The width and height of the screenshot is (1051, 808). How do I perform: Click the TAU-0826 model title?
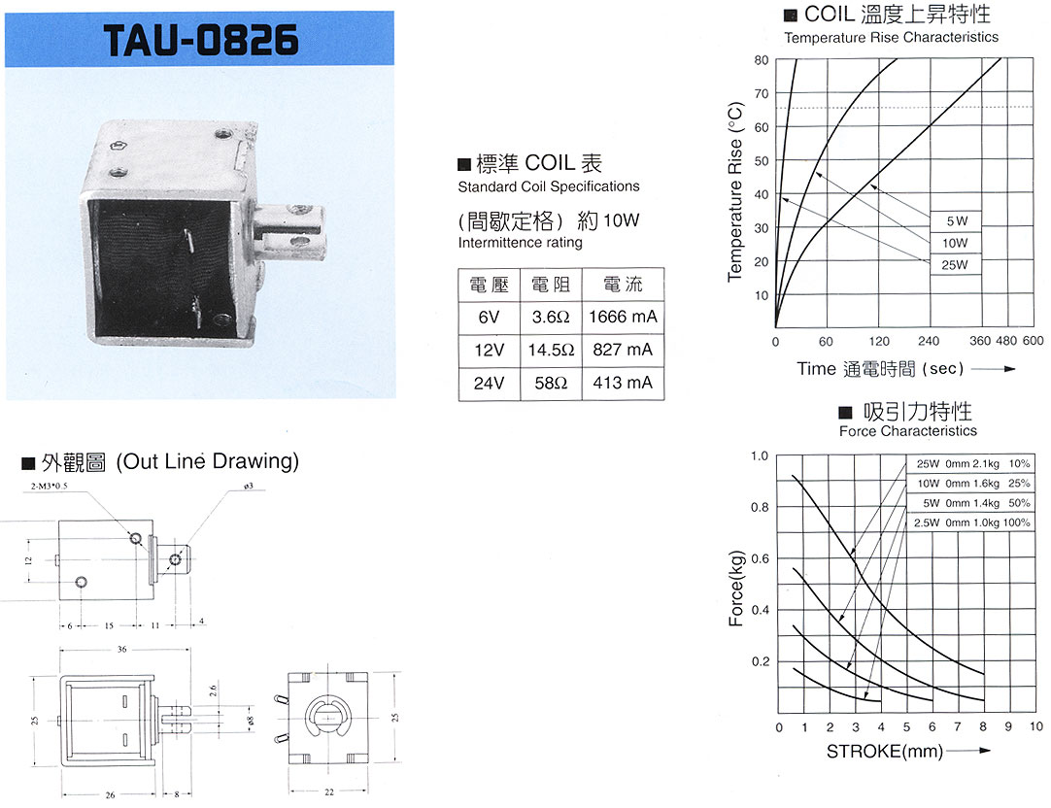tap(201, 40)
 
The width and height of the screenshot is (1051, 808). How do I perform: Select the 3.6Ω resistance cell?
tap(551, 317)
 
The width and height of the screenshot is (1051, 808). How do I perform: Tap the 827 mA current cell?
tap(623, 350)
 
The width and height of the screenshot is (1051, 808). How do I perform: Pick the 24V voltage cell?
tap(490, 384)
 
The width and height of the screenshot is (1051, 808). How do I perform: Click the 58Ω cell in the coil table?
tap(551, 384)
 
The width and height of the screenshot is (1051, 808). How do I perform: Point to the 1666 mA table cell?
tap(623, 317)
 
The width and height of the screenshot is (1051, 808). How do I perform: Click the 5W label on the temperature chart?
tap(957, 221)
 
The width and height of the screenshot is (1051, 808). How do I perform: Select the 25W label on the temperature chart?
tap(955, 265)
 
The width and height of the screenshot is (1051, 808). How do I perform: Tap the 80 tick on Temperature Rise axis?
tap(762, 60)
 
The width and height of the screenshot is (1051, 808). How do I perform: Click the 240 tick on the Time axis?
tap(929, 341)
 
